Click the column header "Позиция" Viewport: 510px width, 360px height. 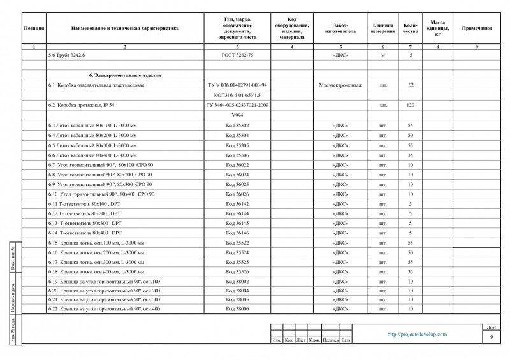coord(34,29)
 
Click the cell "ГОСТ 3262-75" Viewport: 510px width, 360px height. coord(237,56)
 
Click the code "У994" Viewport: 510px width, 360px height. coord(237,115)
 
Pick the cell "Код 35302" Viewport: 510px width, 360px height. coord(237,125)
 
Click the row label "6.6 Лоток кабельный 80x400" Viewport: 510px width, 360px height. coord(92,155)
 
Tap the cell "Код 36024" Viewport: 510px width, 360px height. coord(237,175)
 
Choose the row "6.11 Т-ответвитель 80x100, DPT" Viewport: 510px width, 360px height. coord(84,204)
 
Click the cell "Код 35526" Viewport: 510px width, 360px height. coord(237,271)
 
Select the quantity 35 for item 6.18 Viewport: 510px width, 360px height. coord(411,271)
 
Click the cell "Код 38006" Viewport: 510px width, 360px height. coord(237,309)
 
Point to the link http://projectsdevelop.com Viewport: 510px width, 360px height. coord(418,334)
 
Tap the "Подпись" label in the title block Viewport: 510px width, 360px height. coord(330,340)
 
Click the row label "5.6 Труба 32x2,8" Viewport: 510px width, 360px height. coord(66,56)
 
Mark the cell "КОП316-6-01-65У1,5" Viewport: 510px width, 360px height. coord(237,94)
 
